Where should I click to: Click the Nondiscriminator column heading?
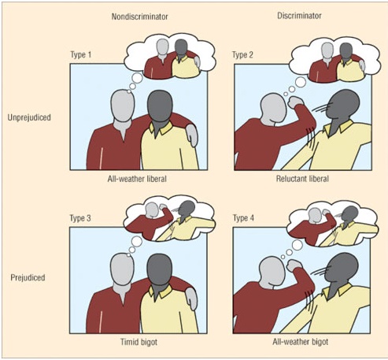pyautogui.click(x=139, y=17)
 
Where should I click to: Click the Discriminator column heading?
pyautogui.click(x=299, y=16)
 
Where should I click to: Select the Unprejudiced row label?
pyautogui.click(x=29, y=117)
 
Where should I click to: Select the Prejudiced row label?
pyautogui.click(x=28, y=277)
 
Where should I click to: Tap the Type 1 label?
pyautogui.click(x=81, y=54)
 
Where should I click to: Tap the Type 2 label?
pyautogui.click(x=242, y=54)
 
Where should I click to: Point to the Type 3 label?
pyautogui.click(x=80, y=218)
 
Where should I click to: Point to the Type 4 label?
pyautogui.click(x=243, y=218)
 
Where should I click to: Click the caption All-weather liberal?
pyautogui.click(x=137, y=179)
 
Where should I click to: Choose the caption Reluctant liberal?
pyautogui.click(x=302, y=179)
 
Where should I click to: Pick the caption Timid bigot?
pyautogui.click(x=139, y=342)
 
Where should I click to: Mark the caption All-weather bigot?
pyautogui.click(x=301, y=342)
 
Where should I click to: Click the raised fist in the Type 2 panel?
pyautogui.click(x=295, y=102)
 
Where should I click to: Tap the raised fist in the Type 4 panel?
pyautogui.click(x=294, y=265)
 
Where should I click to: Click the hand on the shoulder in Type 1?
pyautogui.click(x=192, y=135)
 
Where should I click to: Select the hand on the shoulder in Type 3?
pyautogui.click(x=192, y=299)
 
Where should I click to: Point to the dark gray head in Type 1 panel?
pyautogui.click(x=160, y=106)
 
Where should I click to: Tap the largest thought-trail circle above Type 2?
pyautogui.click(x=301, y=82)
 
